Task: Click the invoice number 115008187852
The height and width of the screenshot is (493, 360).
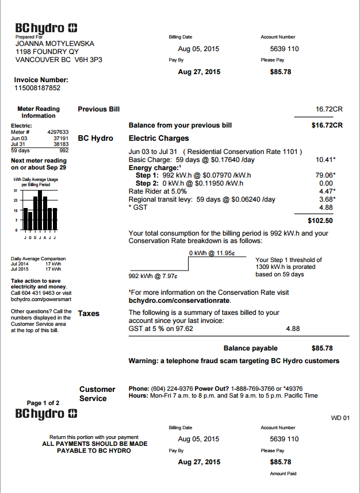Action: tap(37, 88)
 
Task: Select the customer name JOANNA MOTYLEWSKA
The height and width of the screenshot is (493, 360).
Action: tap(55, 44)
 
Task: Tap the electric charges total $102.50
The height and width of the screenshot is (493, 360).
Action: tap(321, 220)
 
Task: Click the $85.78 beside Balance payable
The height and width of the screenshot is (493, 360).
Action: tap(322, 348)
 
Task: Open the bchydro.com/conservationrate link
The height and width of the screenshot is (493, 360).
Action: tap(179, 301)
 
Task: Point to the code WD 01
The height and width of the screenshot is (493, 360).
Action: tap(340, 418)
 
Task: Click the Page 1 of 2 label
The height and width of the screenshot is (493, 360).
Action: tap(43, 403)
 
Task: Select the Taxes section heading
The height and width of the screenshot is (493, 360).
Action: tap(89, 313)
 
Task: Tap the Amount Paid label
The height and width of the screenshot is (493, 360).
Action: tap(283, 473)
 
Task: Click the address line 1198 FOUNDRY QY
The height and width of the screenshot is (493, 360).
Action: tap(47, 51)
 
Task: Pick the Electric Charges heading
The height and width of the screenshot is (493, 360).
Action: tap(159, 138)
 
